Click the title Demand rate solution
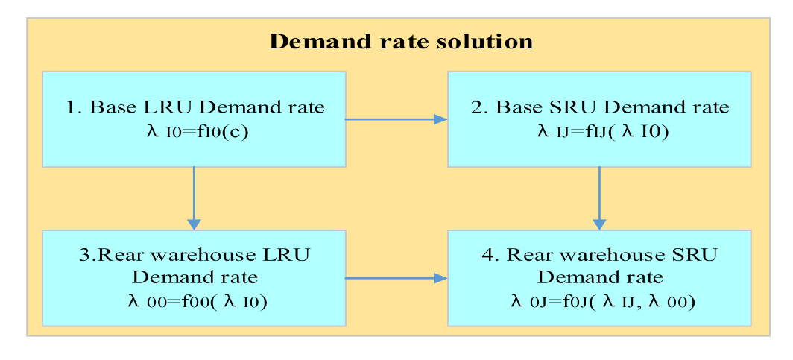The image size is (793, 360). (x=400, y=41)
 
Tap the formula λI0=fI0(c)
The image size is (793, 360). (x=195, y=132)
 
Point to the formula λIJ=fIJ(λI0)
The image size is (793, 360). (x=599, y=132)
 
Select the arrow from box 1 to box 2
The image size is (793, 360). (x=396, y=119)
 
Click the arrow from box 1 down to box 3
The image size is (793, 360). (x=194, y=198)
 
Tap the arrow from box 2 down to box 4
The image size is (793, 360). (x=599, y=198)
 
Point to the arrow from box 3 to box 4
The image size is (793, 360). (x=396, y=278)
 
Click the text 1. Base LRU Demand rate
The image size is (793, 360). (x=195, y=107)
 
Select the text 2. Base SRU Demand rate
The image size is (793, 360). (x=600, y=107)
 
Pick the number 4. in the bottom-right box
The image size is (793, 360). (x=490, y=254)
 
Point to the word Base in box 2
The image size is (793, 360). (x=514, y=107)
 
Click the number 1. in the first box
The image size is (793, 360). (x=72, y=107)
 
